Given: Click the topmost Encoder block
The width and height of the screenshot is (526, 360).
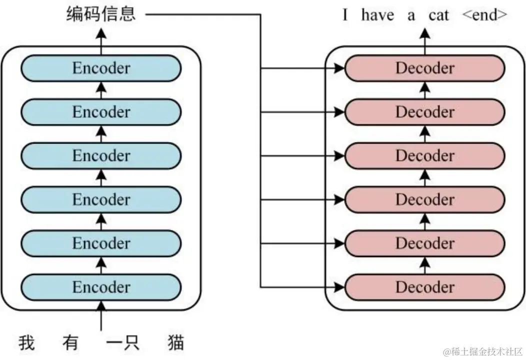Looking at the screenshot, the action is (101, 68).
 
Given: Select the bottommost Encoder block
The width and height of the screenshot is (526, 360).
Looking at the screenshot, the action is (101, 287).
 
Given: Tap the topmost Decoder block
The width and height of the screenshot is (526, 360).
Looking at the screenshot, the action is (425, 68).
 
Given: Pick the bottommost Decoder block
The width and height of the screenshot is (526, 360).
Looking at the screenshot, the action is (425, 287).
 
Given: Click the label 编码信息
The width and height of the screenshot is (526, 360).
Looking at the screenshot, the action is (101, 14).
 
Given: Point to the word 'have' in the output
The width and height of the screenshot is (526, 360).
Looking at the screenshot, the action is (377, 15).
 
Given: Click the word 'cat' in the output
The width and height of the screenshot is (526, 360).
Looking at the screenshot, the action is (438, 15).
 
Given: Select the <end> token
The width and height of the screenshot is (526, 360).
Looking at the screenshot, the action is (484, 15).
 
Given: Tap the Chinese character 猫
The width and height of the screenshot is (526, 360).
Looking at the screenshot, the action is (176, 342).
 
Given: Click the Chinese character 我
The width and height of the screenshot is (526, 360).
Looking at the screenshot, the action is (27, 342).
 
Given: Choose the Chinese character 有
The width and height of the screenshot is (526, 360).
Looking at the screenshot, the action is (70, 342).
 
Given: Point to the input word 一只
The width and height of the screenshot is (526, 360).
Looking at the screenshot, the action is (122, 342).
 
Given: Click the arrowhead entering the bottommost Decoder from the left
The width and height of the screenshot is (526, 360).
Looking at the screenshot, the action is (339, 287).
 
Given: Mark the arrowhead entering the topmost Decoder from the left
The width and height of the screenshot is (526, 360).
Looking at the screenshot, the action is (339, 68).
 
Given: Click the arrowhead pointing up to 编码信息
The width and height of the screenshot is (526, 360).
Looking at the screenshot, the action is (101, 33).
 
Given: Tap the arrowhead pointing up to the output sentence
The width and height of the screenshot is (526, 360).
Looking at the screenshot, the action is (425, 33).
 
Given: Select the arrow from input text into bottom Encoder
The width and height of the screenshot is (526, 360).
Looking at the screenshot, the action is (101, 315).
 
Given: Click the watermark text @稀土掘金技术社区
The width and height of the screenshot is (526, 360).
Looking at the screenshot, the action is (482, 351).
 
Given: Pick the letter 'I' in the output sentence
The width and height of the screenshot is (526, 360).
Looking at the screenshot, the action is (345, 15).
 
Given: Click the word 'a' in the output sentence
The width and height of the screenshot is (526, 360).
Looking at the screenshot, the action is (411, 16).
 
